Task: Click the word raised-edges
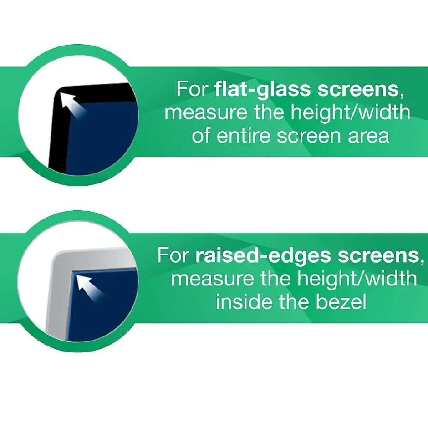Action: [x=263, y=255]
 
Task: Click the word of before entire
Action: [x=201, y=136]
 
